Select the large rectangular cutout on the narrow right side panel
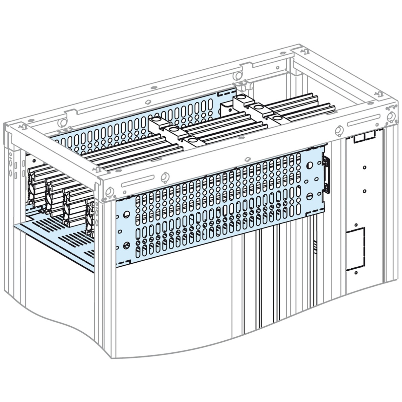tap(355, 249)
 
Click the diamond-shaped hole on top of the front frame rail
tap(247, 159)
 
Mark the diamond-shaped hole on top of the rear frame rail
tap(147, 102)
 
